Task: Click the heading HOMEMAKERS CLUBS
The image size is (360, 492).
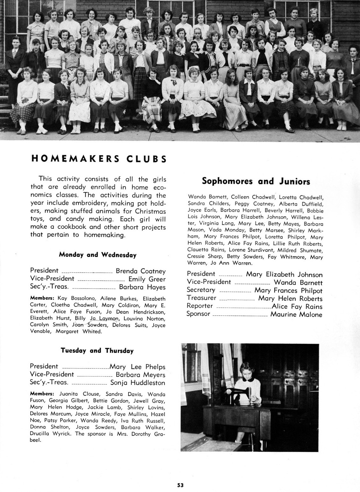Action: pyautogui.click(x=99, y=158)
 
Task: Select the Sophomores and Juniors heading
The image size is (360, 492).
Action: pyautogui.click(x=256, y=181)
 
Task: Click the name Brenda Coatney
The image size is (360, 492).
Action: pyautogui.click(x=141, y=271)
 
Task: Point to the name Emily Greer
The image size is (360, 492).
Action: pyautogui.click(x=147, y=279)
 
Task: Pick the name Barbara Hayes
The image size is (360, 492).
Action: pyautogui.click(x=142, y=287)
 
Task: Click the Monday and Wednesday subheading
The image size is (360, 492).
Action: pyautogui.click(x=98, y=255)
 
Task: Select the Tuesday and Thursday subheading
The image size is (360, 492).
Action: pyautogui.click(x=97, y=350)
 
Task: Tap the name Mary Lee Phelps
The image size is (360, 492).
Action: pyautogui.click(x=138, y=367)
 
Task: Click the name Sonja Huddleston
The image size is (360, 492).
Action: pyautogui.click(x=138, y=383)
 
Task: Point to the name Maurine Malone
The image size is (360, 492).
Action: pyautogui.click(x=296, y=315)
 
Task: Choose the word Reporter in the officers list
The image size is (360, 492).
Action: pyautogui.click(x=200, y=306)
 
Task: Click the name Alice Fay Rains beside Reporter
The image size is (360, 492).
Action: pyautogui.click(x=297, y=307)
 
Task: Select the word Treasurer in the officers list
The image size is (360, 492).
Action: pyautogui.click(x=201, y=298)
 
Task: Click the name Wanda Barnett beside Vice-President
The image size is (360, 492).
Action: pyautogui.click(x=298, y=282)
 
